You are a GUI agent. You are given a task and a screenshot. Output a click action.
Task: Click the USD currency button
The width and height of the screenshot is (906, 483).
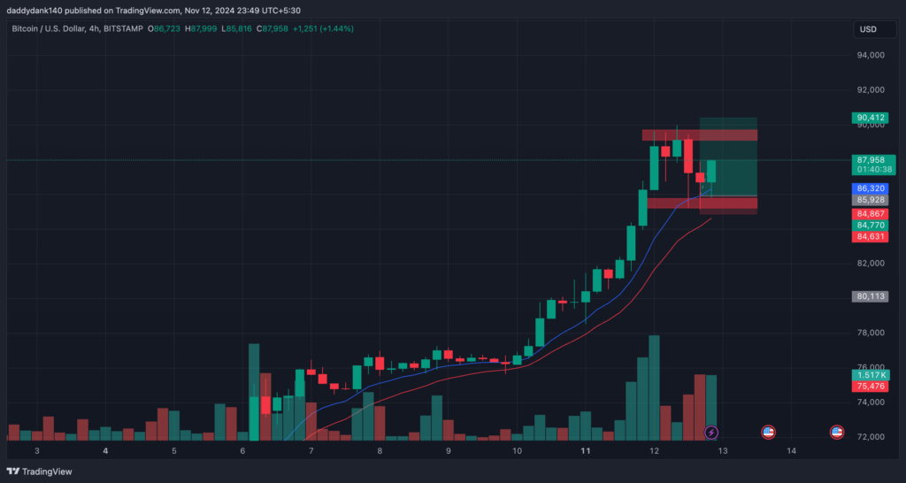pyautogui.click(x=868, y=29)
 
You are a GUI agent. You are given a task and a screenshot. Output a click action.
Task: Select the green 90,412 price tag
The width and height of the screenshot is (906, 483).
pyautogui.click(x=871, y=118)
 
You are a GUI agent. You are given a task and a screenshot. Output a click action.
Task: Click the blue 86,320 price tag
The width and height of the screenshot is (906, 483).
pyautogui.click(x=871, y=188)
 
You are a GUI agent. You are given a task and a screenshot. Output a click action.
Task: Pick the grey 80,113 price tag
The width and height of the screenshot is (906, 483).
pyautogui.click(x=871, y=296)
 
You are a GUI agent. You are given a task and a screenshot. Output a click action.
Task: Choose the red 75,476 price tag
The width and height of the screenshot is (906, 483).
pyautogui.click(x=871, y=387)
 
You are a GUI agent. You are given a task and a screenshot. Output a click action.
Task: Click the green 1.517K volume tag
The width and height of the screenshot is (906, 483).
pyautogui.click(x=871, y=375)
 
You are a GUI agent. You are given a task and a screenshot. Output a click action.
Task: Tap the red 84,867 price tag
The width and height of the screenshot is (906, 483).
pyautogui.click(x=871, y=213)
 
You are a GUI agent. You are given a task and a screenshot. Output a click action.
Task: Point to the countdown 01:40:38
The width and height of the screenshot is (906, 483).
pyautogui.click(x=871, y=169)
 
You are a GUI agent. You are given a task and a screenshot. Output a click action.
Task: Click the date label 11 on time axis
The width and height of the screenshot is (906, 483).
pyautogui.click(x=586, y=451)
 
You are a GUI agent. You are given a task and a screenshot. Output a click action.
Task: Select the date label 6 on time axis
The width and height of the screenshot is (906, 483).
pyautogui.click(x=242, y=451)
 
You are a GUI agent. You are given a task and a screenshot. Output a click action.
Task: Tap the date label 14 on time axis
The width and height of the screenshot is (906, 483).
pyautogui.click(x=792, y=451)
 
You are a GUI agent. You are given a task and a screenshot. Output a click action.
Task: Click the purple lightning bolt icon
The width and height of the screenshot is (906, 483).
pyautogui.click(x=712, y=433)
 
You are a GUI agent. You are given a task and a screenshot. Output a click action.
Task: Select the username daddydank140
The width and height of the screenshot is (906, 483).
pyautogui.click(x=35, y=11)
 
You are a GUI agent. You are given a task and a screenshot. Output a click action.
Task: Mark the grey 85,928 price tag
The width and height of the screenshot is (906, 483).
pyautogui.click(x=871, y=201)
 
